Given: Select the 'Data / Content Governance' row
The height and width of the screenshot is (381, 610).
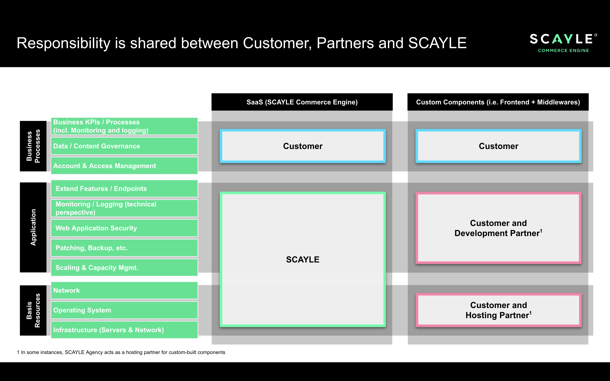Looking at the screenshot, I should tap(124, 146).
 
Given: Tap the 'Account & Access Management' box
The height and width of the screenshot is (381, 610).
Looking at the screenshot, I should tap(124, 166).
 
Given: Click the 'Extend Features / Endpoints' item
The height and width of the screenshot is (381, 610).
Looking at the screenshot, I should tap(124, 188).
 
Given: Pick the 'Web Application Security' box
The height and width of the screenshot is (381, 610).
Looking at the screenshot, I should tap(124, 228).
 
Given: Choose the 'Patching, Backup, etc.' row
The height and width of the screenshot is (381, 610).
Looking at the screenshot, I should tap(124, 248).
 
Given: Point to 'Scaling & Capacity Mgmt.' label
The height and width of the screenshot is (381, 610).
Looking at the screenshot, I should tap(97, 268).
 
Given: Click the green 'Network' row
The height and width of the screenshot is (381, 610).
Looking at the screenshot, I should tap(124, 290).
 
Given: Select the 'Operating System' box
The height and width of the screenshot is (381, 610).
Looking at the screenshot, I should tap(124, 310).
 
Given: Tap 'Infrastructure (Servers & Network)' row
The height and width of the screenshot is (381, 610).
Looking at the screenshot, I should tap(124, 330).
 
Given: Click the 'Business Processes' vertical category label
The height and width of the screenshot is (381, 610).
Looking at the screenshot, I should tap(33, 146).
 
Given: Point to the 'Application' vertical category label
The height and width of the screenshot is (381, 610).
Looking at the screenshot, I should tap(33, 227).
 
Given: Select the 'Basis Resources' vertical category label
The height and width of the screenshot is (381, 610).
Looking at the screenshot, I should tap(33, 310).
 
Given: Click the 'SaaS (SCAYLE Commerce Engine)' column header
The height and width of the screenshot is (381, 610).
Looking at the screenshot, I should tap(302, 102).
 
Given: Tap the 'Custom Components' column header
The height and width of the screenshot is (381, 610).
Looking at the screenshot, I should tap(498, 102).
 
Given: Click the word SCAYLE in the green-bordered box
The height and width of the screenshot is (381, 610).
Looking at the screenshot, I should tap(303, 260).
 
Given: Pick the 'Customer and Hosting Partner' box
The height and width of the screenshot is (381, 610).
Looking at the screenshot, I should tap(498, 310).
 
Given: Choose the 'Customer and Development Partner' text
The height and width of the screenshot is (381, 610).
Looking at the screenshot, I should tap(498, 228).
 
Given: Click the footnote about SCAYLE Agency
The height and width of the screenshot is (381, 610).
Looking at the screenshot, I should tap(121, 352).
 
